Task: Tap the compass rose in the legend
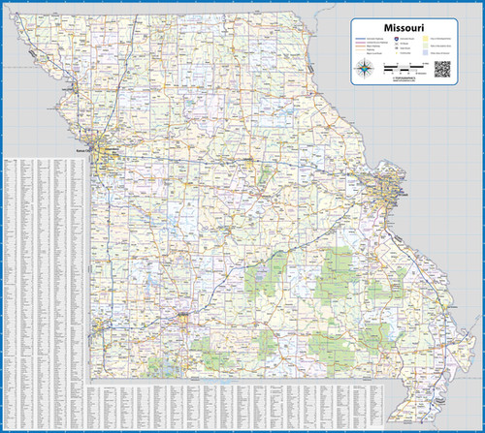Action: [x=366, y=69]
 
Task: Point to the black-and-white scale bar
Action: [x=404, y=69]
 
